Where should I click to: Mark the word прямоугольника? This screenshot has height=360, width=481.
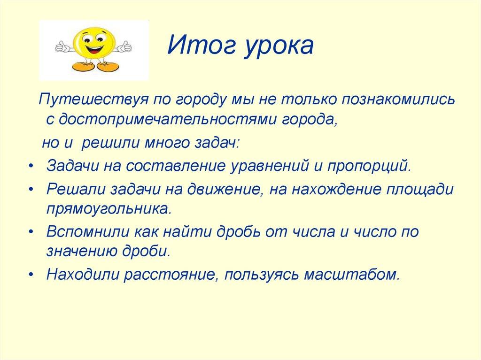[107, 208]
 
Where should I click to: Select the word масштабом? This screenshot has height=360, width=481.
[352, 274]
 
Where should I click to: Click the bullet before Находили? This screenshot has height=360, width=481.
[30, 274]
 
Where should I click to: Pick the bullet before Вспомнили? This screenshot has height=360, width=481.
[30, 232]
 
